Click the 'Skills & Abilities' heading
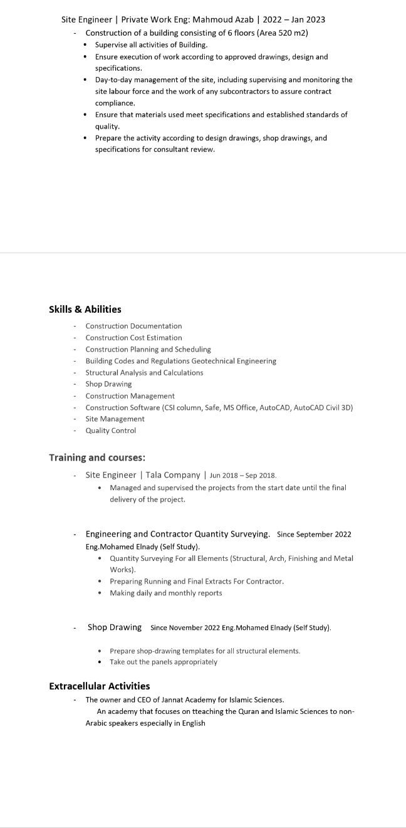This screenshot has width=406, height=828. pyautogui.click(x=85, y=309)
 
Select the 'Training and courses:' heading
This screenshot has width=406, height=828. pyautogui.click(x=97, y=458)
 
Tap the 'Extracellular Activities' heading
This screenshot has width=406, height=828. pyautogui.click(x=100, y=686)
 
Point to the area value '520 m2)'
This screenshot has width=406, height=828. pyautogui.click(x=294, y=33)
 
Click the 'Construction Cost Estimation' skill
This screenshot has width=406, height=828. pyautogui.click(x=133, y=338)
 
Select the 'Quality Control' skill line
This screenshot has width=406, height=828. pyautogui.click(x=110, y=431)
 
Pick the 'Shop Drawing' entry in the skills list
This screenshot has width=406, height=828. pyautogui.click(x=108, y=384)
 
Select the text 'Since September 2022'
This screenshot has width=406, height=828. pyautogui.click(x=314, y=535)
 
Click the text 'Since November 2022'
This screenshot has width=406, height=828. pyautogui.click(x=185, y=627)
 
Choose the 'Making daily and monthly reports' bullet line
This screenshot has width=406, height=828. pyautogui.click(x=165, y=593)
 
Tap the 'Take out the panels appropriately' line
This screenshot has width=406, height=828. pyautogui.click(x=163, y=662)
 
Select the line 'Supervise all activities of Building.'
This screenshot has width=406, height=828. pyautogui.click(x=151, y=45)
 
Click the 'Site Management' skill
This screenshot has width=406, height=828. pyautogui.click(x=115, y=419)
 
